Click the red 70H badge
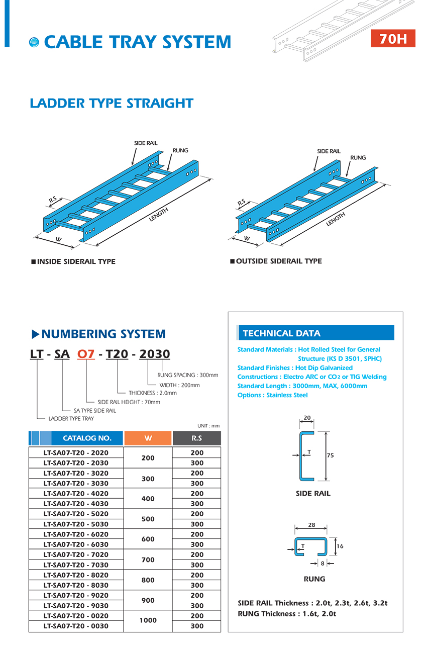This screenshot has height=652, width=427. (x=393, y=39)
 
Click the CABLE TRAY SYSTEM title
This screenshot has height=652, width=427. (x=137, y=42)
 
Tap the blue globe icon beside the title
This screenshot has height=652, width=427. (x=34, y=42)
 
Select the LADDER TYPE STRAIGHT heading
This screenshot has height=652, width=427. (x=112, y=104)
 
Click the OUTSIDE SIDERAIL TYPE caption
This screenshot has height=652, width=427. (x=278, y=261)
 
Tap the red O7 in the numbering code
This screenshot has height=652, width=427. (x=85, y=354)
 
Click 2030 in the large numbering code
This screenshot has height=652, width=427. (x=154, y=354)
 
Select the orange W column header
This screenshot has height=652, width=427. (x=148, y=438)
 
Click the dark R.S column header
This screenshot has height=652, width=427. (x=196, y=438)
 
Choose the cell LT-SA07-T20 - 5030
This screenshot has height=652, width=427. (x=76, y=524)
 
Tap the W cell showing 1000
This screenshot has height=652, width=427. (x=148, y=620)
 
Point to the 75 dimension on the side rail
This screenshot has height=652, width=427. (x=330, y=455)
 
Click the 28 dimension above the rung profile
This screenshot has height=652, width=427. (x=311, y=525)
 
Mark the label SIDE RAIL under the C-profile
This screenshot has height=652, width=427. (x=313, y=494)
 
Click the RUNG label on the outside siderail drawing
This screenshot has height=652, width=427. (x=358, y=157)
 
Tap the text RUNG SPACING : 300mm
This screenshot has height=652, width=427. (x=187, y=375)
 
